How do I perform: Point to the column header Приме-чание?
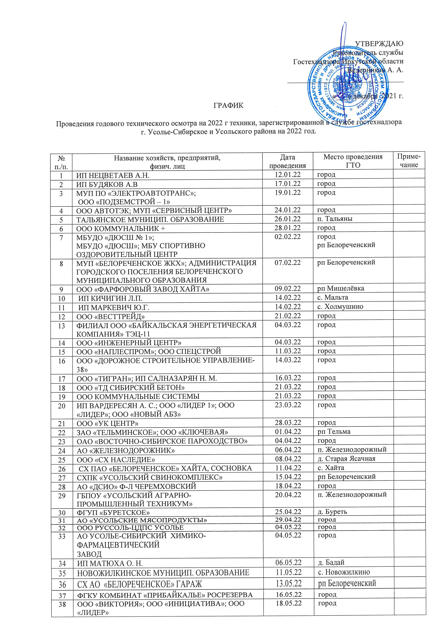click(x=409, y=161)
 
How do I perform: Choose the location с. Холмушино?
click(x=340, y=306)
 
